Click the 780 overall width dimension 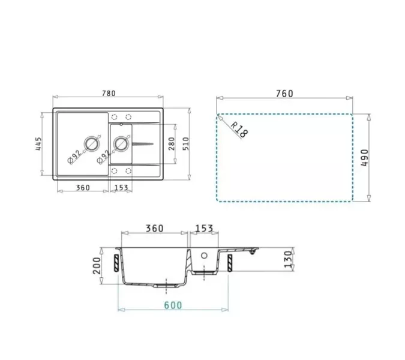[108, 93]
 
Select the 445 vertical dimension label [38, 145]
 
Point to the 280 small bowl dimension [171, 143]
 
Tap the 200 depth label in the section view [96, 265]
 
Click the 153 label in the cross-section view [204, 229]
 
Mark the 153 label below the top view [122, 188]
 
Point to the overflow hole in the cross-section [204, 255]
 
